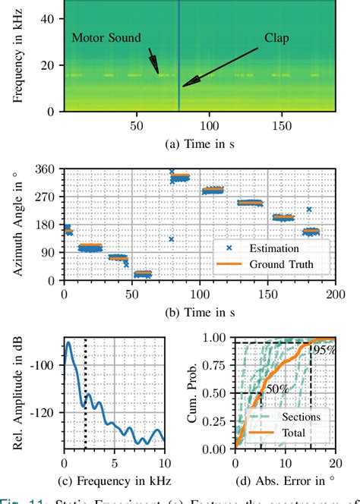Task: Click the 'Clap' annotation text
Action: tap(278, 36)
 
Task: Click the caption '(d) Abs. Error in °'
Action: tap(285, 481)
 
